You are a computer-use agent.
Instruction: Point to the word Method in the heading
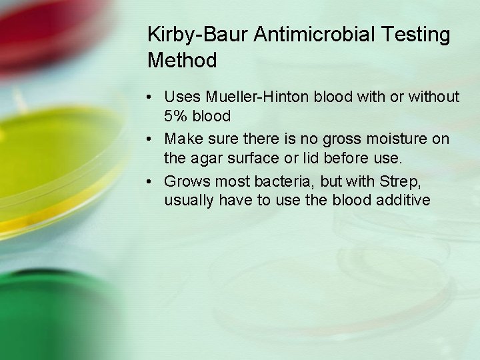coord(182,61)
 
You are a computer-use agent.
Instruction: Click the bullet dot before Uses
coord(153,98)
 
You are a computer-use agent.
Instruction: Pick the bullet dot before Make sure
coord(153,140)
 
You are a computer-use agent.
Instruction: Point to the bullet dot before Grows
coord(153,182)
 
